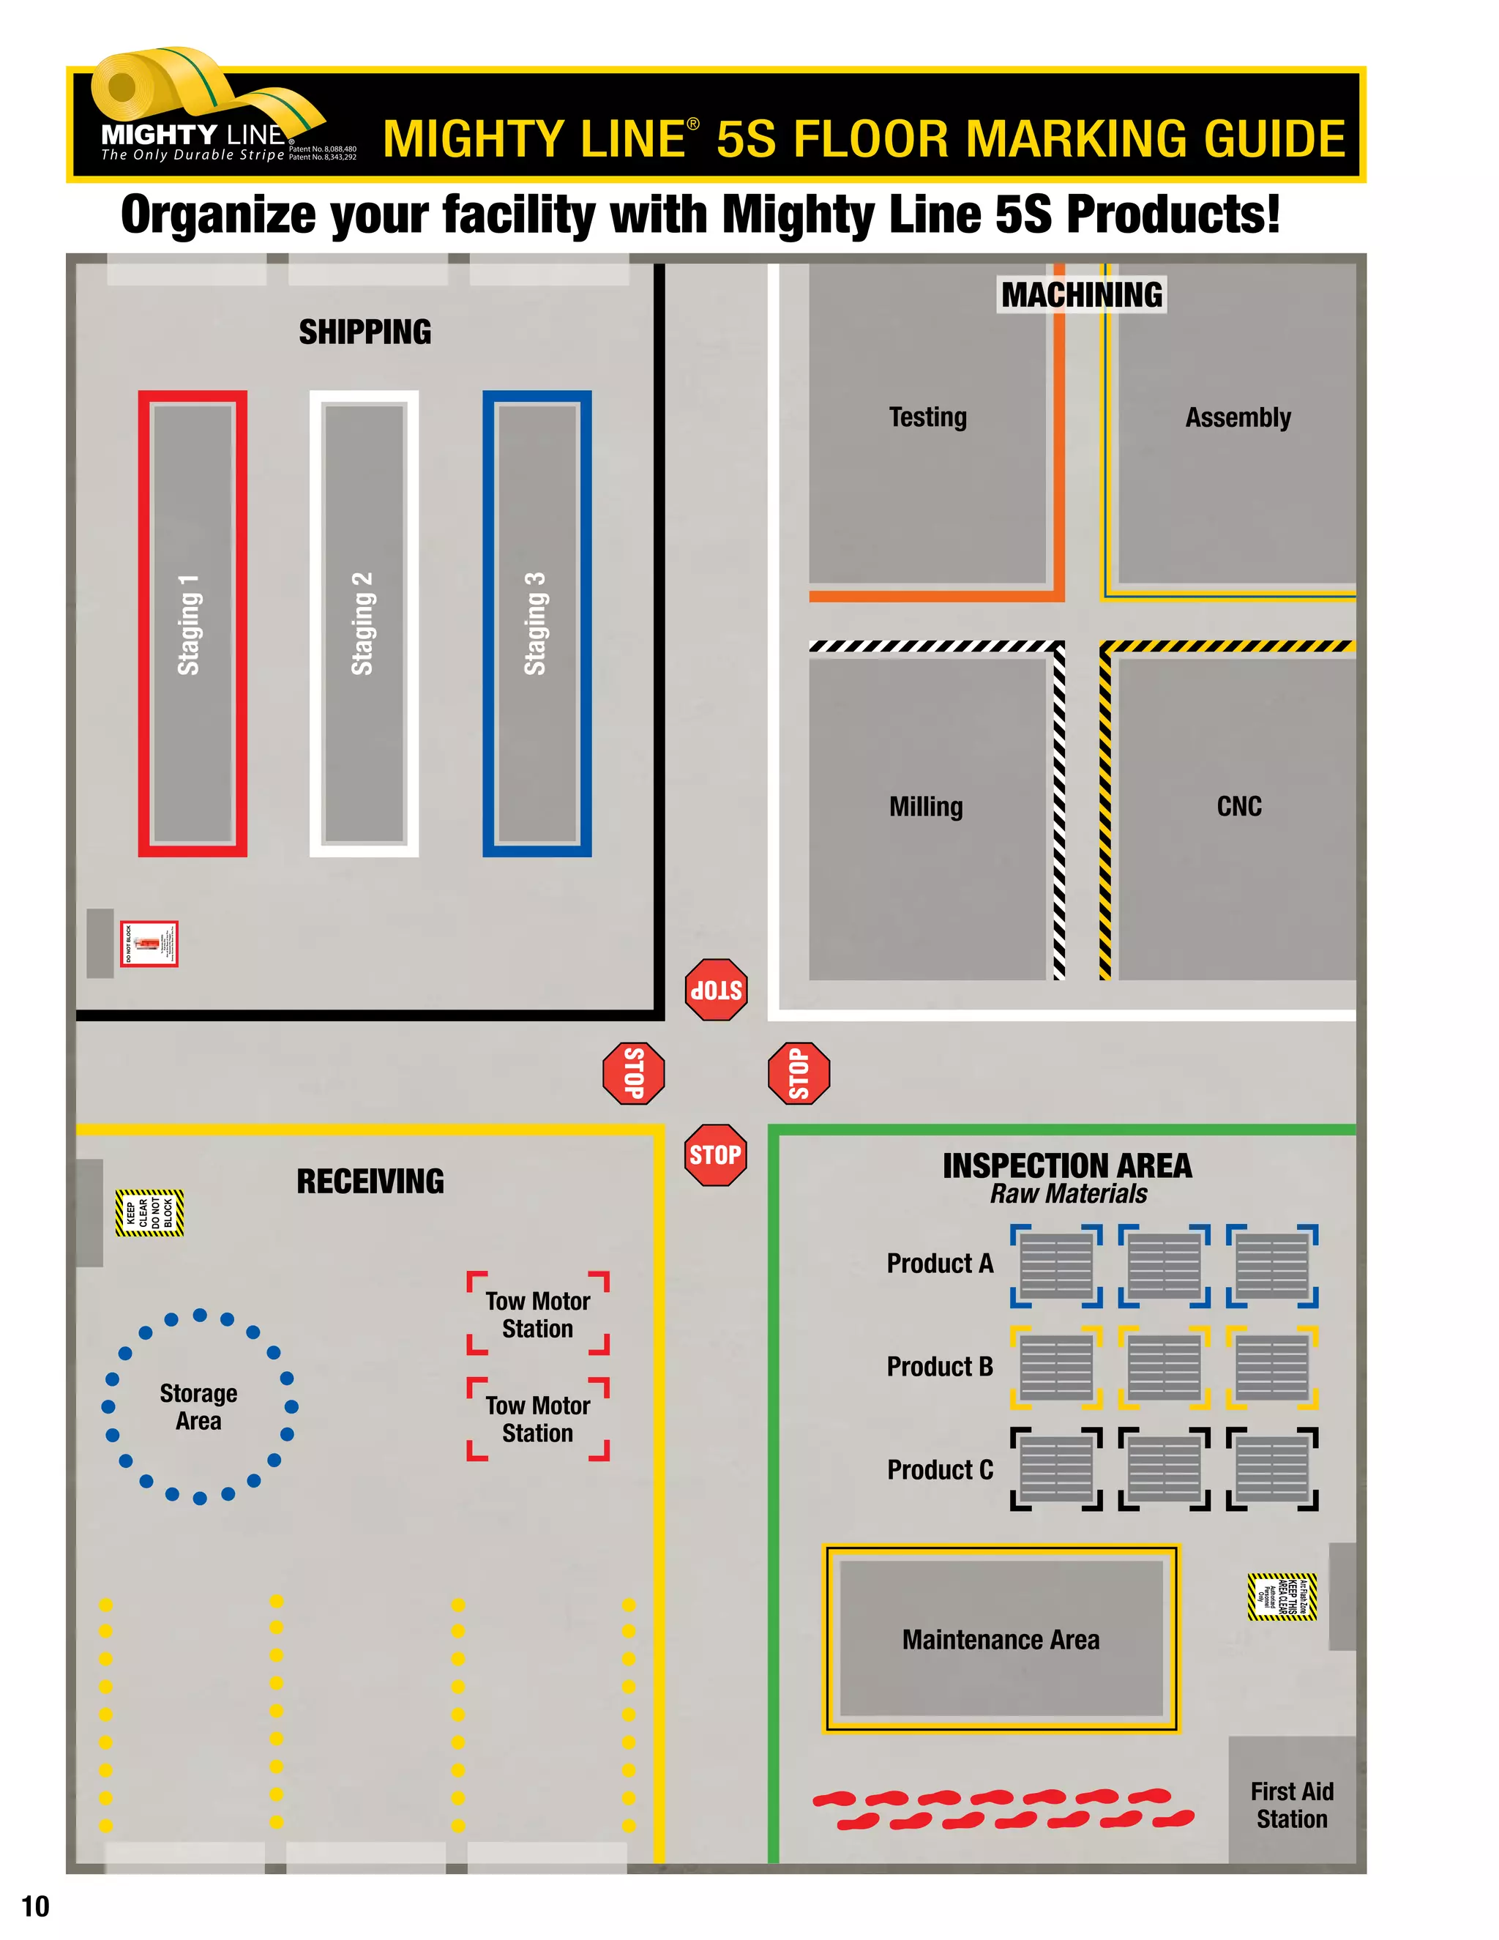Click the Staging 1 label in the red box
pyautogui.click(x=189, y=624)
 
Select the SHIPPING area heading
pyautogui.click(x=365, y=332)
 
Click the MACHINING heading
pyautogui.click(x=1082, y=295)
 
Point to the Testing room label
pyautogui.click(x=928, y=417)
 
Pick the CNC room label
pyautogui.click(x=1239, y=806)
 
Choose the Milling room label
pyautogui.click(x=926, y=807)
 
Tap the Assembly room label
pyautogui.click(x=1238, y=417)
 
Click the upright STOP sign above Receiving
pyautogui.click(x=715, y=1154)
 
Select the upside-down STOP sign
pyautogui.click(x=716, y=990)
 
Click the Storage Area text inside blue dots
pyautogui.click(x=199, y=1407)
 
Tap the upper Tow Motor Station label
pyautogui.click(x=537, y=1315)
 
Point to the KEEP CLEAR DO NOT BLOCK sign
pyautogui.click(x=149, y=1213)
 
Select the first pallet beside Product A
pyautogui.click(x=1056, y=1266)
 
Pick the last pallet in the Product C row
pyautogui.click(x=1271, y=1469)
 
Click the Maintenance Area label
pyautogui.click(x=1001, y=1640)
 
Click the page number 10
pyautogui.click(x=36, y=1906)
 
